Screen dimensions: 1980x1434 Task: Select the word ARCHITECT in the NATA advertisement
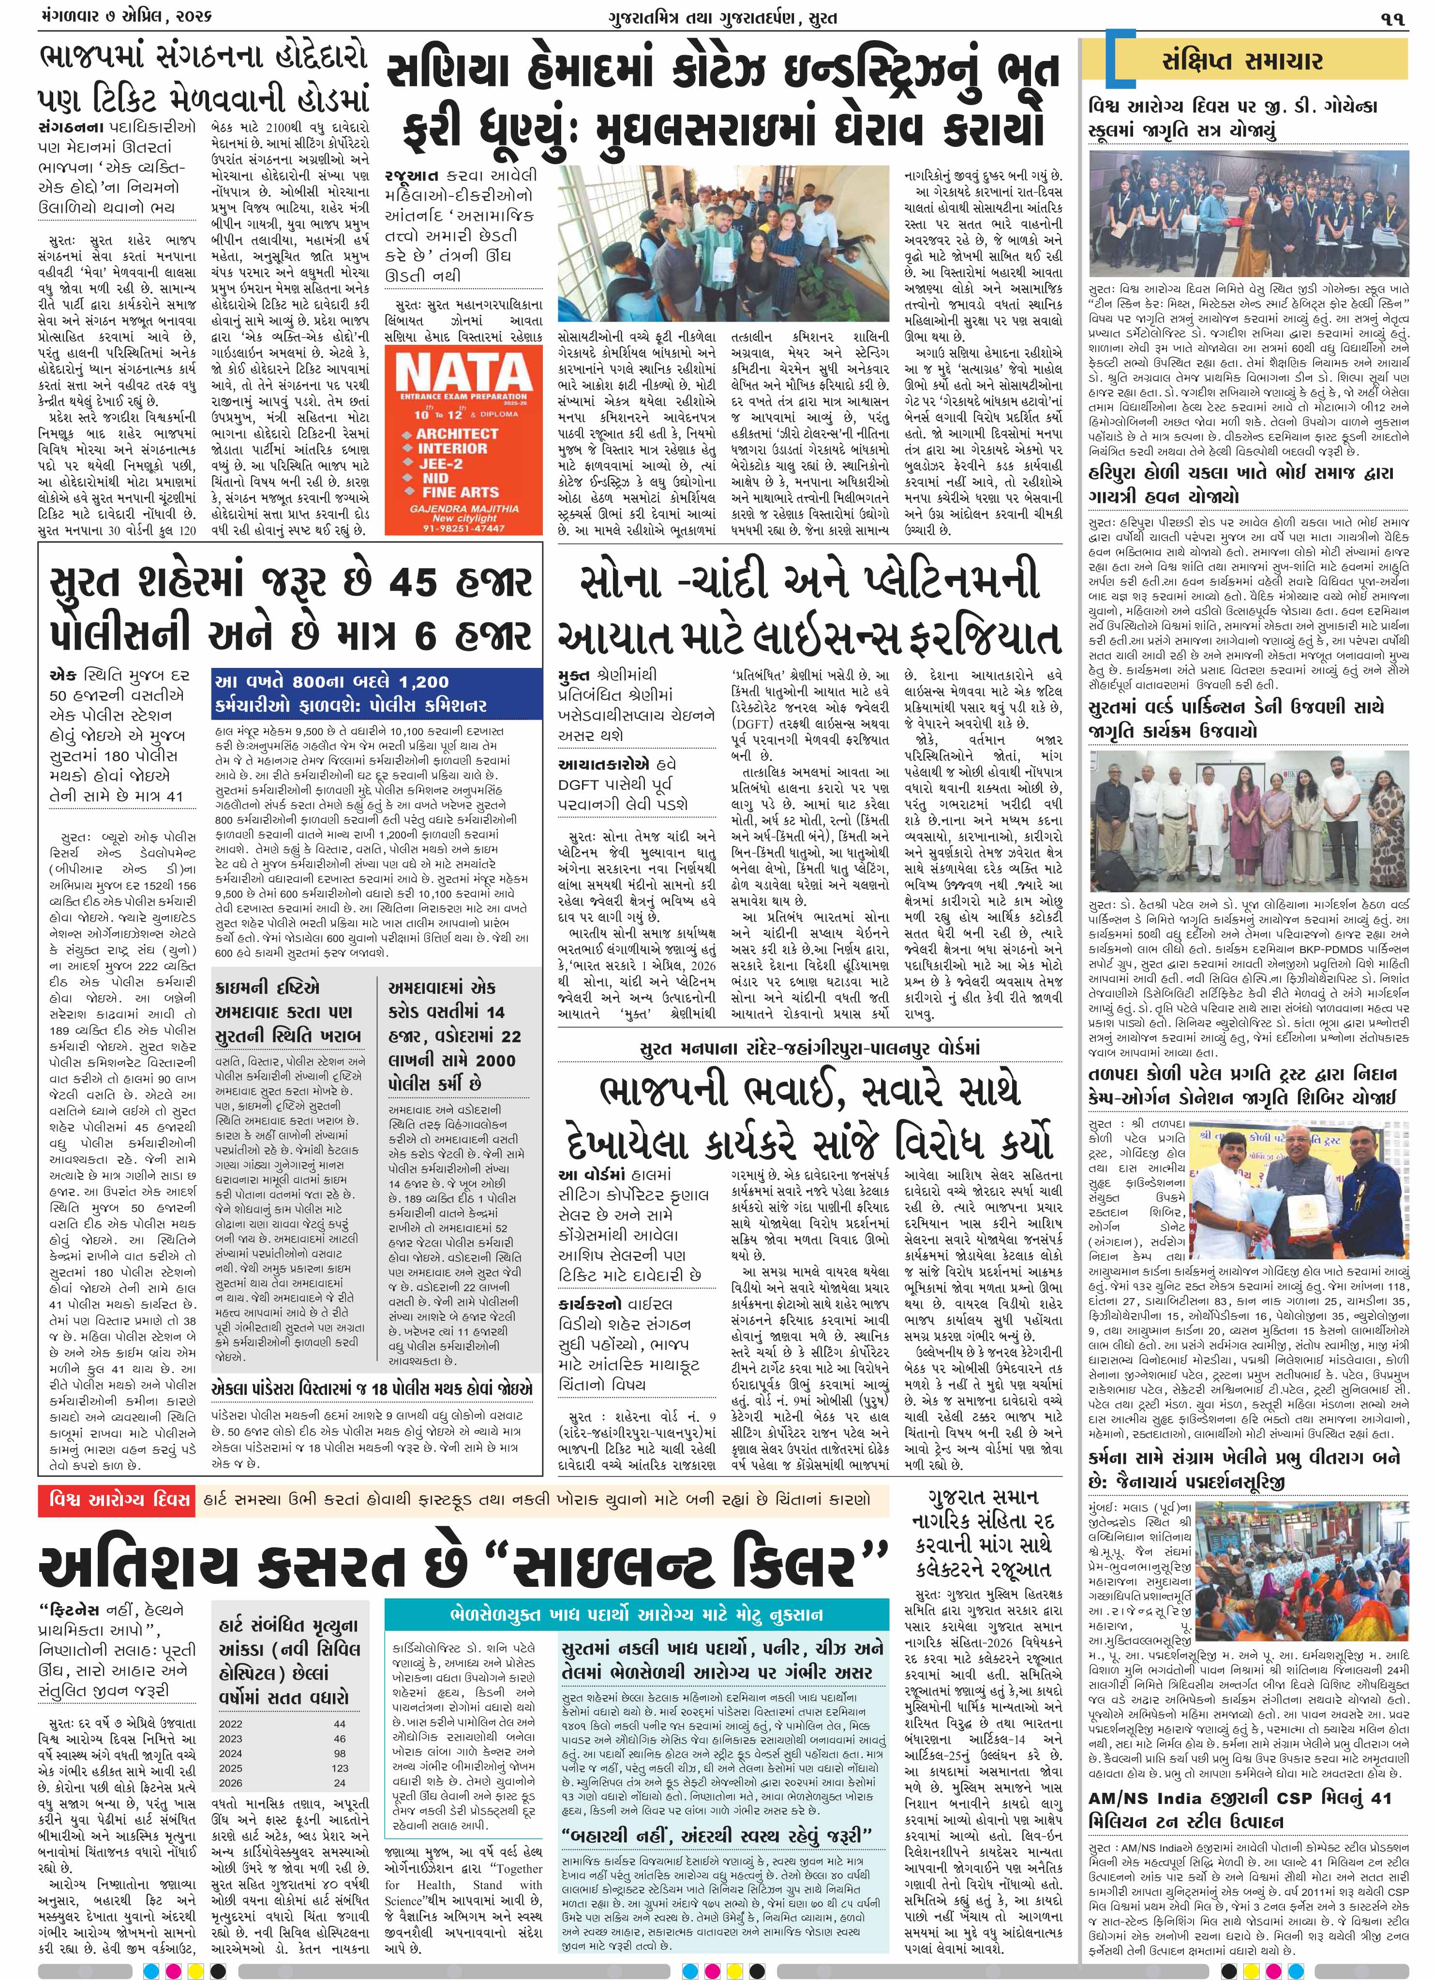[457, 433]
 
